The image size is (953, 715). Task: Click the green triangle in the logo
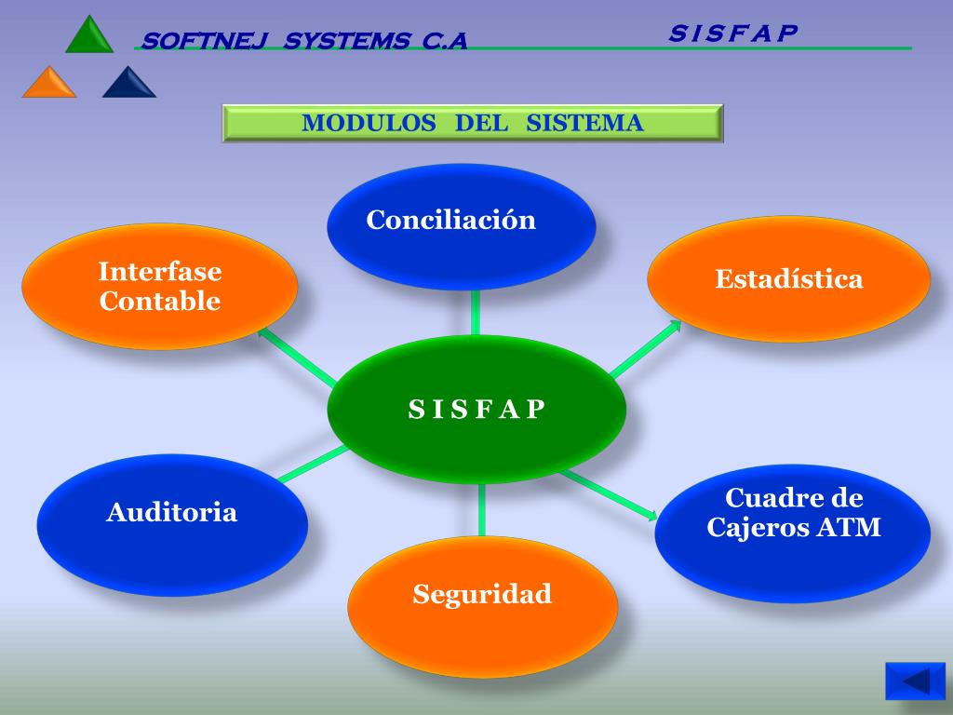coord(89,36)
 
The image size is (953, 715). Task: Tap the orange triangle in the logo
coord(49,84)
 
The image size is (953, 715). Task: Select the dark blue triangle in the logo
coord(129,84)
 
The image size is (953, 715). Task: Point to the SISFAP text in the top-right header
coord(733,33)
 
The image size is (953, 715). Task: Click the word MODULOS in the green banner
coord(369,123)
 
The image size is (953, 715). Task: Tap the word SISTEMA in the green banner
coord(584,123)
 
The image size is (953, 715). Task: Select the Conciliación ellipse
coord(461,226)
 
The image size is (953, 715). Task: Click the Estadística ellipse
coord(788,279)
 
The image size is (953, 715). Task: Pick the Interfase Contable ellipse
coord(159,287)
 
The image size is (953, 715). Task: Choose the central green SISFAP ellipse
coord(476,410)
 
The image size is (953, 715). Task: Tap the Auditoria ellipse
coord(172,524)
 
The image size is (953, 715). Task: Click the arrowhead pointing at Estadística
coord(674,326)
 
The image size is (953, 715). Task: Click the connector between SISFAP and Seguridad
coord(482,510)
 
